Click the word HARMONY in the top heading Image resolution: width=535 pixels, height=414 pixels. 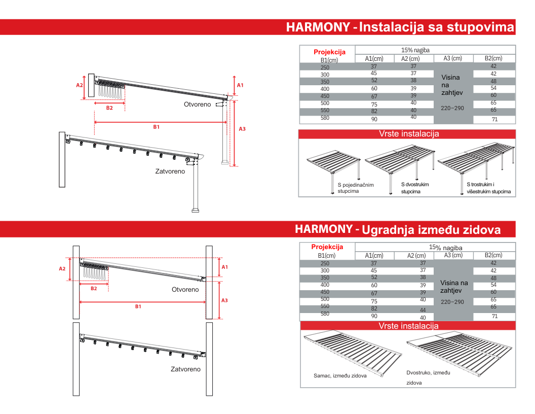coord(318,27)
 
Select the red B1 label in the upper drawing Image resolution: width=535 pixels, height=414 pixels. coord(156,127)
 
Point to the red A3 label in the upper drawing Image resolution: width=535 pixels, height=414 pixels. coord(242,129)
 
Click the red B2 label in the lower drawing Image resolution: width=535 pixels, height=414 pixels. coord(94,289)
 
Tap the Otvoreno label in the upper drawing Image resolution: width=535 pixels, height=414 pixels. coord(197,105)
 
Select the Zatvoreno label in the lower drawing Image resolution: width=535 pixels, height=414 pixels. coord(185,369)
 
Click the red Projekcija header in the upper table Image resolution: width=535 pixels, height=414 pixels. coord(330,52)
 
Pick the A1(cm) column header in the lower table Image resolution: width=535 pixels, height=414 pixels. coord(374,256)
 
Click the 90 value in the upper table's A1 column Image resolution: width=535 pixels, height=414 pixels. coord(374,119)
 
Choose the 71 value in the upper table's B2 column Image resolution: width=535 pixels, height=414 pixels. coord(495,119)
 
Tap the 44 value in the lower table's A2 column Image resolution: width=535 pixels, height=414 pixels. coord(423,310)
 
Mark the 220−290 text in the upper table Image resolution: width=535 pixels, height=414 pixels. coord(452,108)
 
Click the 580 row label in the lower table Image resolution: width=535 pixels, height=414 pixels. coord(325,314)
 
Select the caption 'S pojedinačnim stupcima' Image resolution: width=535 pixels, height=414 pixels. coord(356,188)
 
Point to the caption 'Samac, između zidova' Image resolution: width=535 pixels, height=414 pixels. coord(340,376)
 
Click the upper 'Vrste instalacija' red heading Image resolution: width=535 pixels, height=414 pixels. coord(409,134)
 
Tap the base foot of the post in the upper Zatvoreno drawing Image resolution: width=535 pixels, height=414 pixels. coord(196,211)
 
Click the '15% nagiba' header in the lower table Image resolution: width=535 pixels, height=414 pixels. coord(446,247)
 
